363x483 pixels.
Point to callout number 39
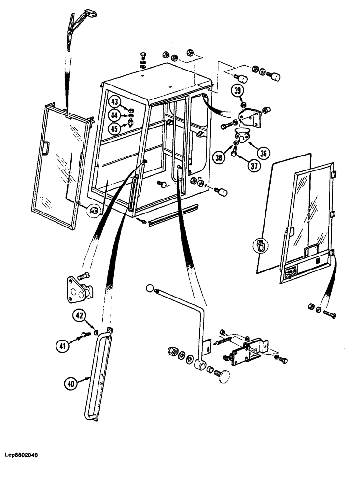237,91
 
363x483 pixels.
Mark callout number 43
114,102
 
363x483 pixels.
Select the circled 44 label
114,115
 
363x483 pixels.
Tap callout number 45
114,128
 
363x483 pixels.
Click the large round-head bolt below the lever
223,376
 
